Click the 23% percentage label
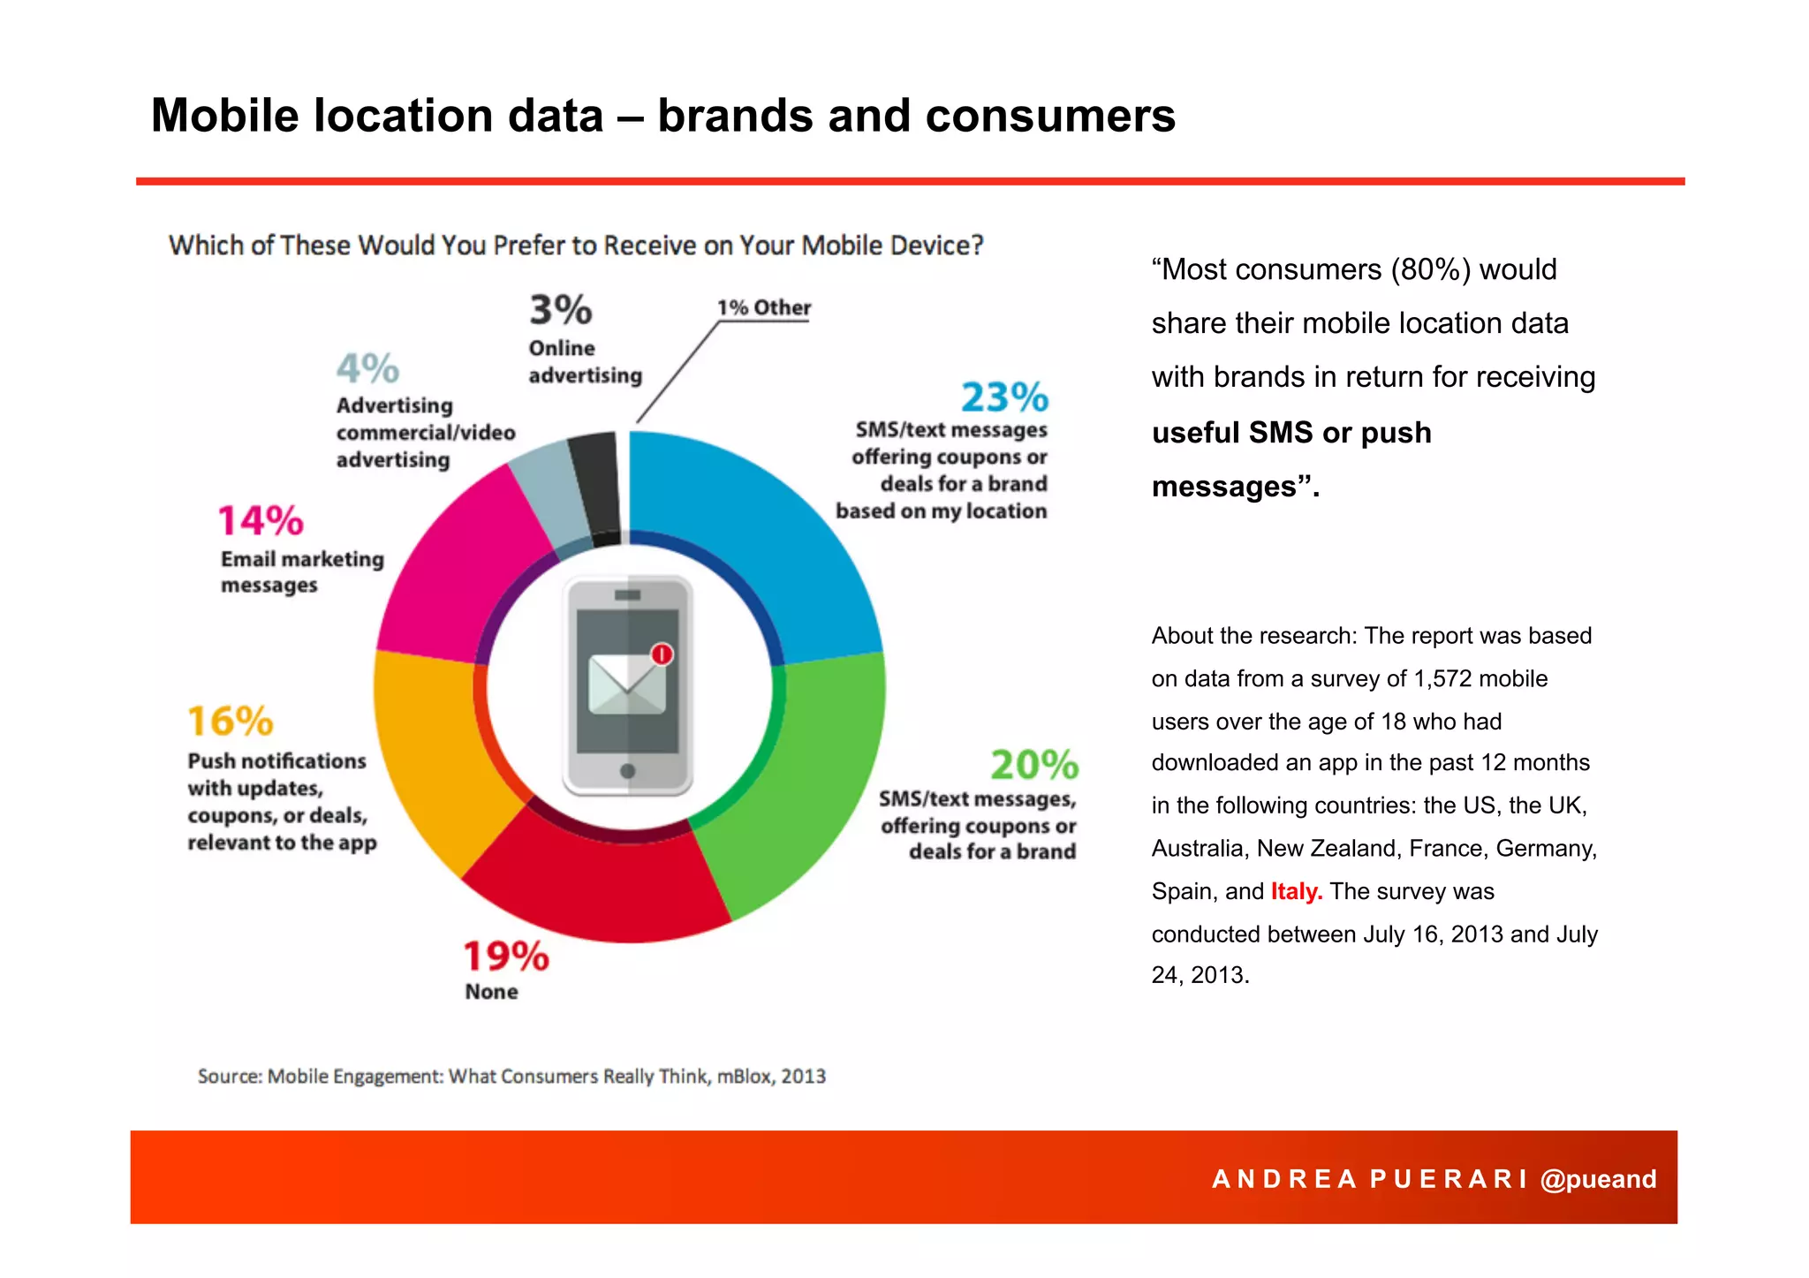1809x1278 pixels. (x=1004, y=397)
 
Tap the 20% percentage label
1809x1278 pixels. (x=1034, y=765)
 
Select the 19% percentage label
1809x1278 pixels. (x=506, y=957)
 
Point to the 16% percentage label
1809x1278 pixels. (x=231, y=722)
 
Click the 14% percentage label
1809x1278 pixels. (x=261, y=521)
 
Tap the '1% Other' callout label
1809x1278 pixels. (x=763, y=307)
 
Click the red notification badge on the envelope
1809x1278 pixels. (x=662, y=654)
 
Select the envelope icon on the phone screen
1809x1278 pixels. (x=626, y=684)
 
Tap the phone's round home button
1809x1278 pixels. (x=628, y=771)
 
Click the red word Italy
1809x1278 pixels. (x=1296, y=891)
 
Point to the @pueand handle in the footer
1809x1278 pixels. (x=1598, y=1179)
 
